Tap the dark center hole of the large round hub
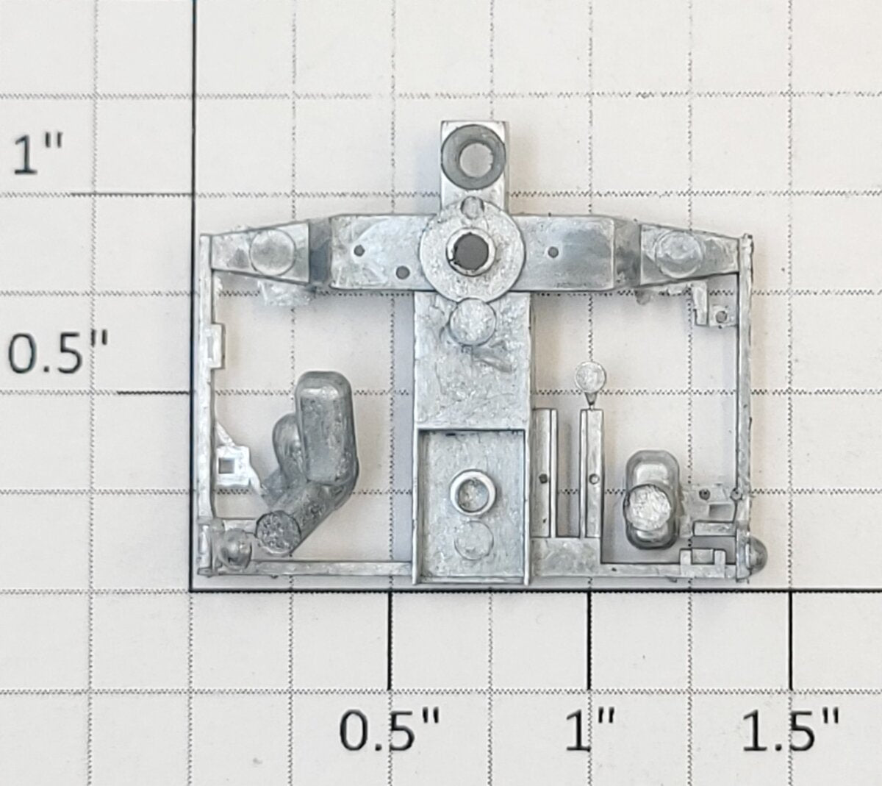click(x=470, y=251)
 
